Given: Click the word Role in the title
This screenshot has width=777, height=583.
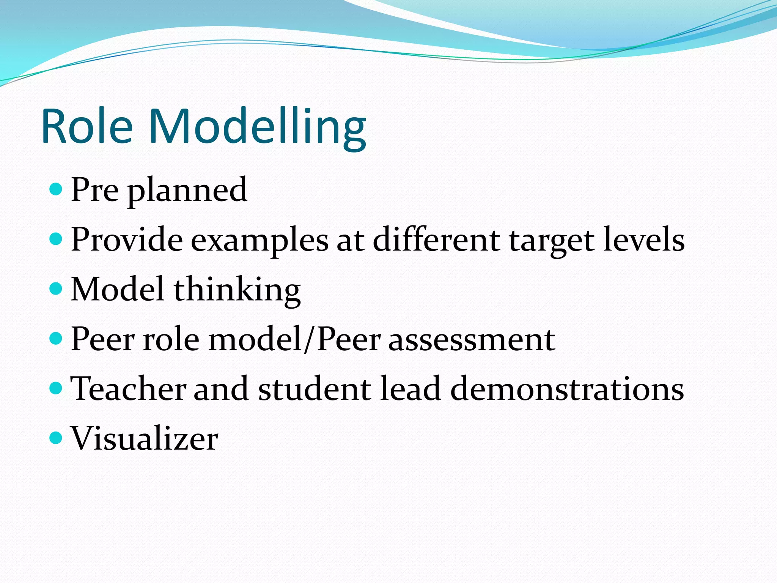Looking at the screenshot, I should (x=87, y=126).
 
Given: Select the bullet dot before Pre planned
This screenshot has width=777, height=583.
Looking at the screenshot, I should (x=56, y=189).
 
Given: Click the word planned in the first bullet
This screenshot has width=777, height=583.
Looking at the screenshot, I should (x=187, y=191).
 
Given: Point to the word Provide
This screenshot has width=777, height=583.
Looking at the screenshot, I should (x=127, y=240).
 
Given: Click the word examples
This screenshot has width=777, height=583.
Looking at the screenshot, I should (x=260, y=241).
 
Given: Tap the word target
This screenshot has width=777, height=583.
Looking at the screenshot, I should (x=552, y=241).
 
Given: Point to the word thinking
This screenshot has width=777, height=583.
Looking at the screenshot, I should (x=238, y=291).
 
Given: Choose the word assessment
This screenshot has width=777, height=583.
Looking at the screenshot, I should (x=472, y=340).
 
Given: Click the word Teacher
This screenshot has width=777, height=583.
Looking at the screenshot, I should (x=128, y=389).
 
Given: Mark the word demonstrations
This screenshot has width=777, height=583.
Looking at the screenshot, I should (x=567, y=389).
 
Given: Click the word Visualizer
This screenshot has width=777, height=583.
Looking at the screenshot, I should (x=144, y=438).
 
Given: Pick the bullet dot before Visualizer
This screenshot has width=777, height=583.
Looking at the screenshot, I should (x=56, y=438).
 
